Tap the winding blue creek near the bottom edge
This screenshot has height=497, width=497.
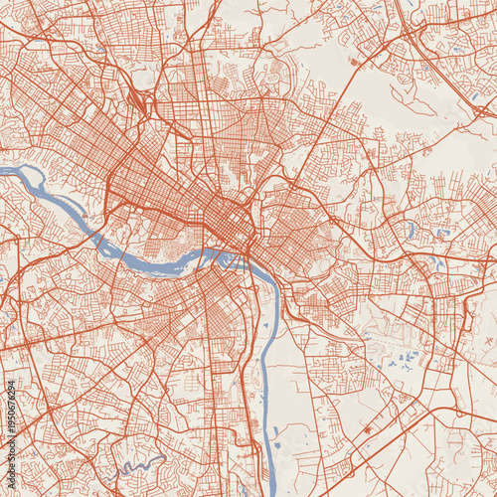[x=139, y=464]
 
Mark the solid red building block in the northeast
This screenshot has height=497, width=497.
[x=355, y=63]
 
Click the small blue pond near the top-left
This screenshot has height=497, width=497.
[x=100, y=48]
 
